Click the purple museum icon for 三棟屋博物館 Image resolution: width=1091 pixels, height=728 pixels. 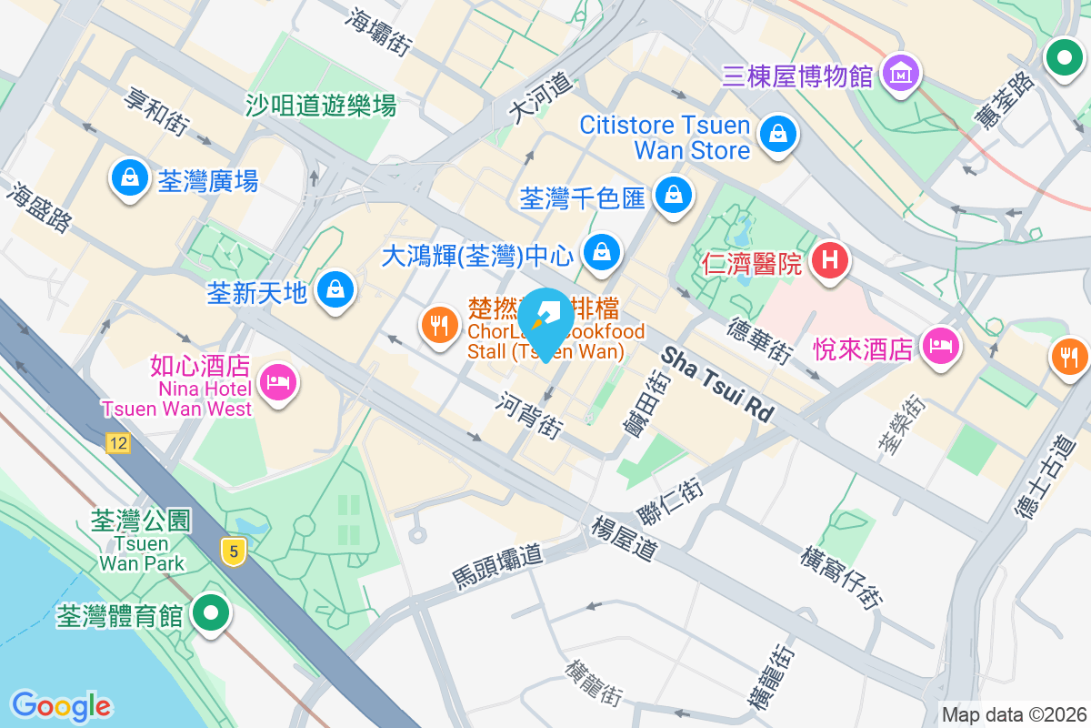(x=902, y=74)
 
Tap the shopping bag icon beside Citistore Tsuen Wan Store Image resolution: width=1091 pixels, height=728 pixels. (x=778, y=135)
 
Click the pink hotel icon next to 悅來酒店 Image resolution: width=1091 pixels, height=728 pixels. (x=941, y=347)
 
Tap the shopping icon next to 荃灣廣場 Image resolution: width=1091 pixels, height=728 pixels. (x=130, y=177)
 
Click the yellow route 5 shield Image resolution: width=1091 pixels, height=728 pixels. (x=234, y=550)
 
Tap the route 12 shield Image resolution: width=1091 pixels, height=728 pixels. (x=117, y=443)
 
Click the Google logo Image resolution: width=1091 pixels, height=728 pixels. (x=61, y=705)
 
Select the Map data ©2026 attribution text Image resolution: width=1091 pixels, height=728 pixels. (x=1013, y=714)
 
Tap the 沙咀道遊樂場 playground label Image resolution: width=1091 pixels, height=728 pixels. (x=321, y=106)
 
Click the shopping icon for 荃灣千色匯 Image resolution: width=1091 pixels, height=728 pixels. (x=674, y=194)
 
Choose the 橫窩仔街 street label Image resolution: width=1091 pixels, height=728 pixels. (x=842, y=579)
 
